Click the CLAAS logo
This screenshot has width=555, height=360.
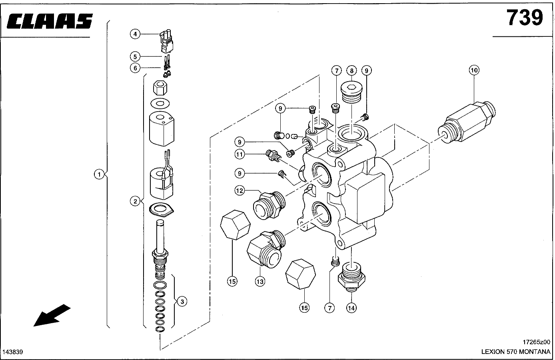50,21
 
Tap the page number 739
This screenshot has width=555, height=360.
525,18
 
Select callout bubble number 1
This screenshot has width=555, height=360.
99,174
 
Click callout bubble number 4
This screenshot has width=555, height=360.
135,34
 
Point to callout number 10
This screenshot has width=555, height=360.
474,70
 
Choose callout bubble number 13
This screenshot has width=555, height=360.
260,282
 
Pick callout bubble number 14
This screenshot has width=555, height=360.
351,308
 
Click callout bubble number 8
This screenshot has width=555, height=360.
351,71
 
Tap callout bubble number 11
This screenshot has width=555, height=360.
240,154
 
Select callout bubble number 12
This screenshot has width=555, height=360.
240,191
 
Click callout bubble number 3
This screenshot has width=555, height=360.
182,302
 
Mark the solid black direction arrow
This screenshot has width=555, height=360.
52,315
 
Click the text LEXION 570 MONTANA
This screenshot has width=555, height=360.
515,352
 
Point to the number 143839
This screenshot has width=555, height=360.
13,352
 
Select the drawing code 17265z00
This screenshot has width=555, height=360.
537,342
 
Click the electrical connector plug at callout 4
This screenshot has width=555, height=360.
166,41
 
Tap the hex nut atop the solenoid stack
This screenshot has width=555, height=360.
160,88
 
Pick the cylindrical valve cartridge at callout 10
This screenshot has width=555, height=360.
467,122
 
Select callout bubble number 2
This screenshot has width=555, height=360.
135,201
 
